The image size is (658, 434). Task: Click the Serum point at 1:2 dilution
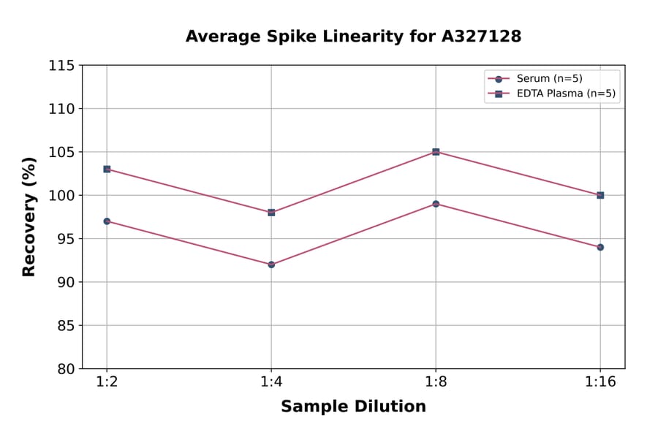(x=107, y=221)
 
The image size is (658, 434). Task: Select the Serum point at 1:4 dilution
(x=271, y=264)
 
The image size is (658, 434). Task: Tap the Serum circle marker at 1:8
(x=436, y=204)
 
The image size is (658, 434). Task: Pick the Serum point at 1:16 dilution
(x=600, y=247)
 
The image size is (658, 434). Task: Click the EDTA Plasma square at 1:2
(x=107, y=169)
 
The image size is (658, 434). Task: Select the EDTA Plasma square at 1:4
(x=271, y=213)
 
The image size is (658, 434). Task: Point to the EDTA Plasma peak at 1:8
(x=436, y=152)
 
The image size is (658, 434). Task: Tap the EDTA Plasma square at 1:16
(x=600, y=195)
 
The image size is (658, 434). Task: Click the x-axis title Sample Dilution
(x=353, y=407)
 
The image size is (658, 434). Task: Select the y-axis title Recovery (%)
(x=29, y=217)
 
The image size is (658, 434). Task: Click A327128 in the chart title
(x=481, y=37)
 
